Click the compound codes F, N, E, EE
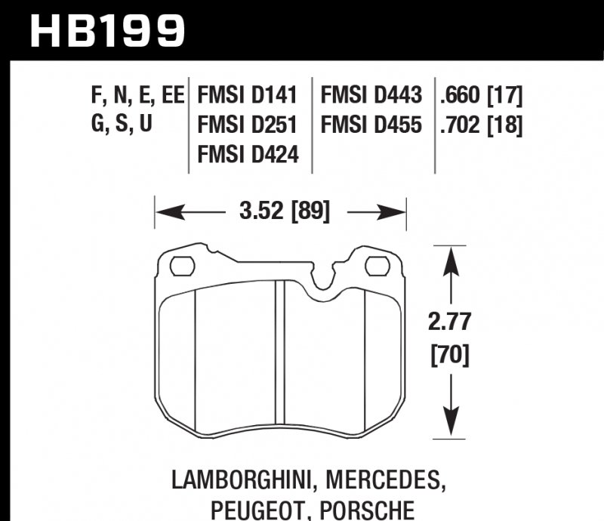136,96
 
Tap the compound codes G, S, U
122,125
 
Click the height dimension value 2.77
451,322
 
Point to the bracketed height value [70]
451,353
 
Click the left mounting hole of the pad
182,266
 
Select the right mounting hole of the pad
375,266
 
